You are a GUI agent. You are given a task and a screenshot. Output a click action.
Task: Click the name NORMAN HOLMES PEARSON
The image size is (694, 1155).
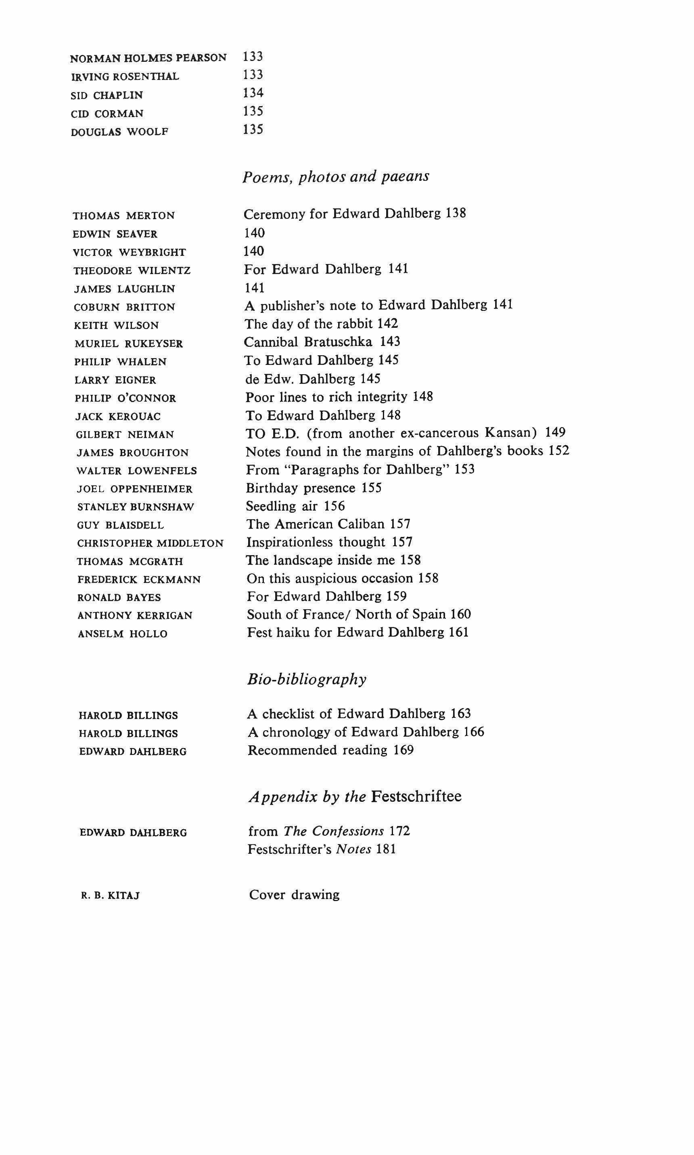pyautogui.click(x=148, y=58)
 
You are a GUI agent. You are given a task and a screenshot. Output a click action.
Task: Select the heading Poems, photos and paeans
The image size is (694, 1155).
pyautogui.click(x=335, y=177)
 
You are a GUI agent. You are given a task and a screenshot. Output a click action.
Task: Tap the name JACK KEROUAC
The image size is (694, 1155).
pyautogui.click(x=118, y=416)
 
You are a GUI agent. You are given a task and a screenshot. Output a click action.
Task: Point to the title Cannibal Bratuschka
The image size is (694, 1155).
pyautogui.click(x=308, y=342)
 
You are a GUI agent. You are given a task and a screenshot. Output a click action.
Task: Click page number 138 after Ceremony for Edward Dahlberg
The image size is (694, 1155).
pyautogui.click(x=456, y=213)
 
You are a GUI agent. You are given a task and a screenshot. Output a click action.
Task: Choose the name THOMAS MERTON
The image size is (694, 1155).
pyautogui.click(x=124, y=216)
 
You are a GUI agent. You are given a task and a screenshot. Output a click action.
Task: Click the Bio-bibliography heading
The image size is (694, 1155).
pyautogui.click(x=307, y=679)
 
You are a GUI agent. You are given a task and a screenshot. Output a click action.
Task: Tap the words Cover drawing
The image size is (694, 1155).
pyautogui.click(x=294, y=895)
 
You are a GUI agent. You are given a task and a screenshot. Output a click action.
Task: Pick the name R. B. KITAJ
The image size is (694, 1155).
pyautogui.click(x=111, y=896)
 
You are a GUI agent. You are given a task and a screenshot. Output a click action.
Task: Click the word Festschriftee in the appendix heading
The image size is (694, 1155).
pyautogui.click(x=416, y=796)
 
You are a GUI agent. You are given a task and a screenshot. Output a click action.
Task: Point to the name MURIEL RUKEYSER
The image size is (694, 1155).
pyautogui.click(x=129, y=344)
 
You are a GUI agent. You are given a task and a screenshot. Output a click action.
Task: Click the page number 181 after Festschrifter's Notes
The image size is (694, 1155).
pyautogui.click(x=386, y=849)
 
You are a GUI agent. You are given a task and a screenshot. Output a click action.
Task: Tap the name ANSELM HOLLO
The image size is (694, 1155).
pyautogui.click(x=123, y=634)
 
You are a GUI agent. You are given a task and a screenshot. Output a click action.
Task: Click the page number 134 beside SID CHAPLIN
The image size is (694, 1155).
pyautogui.click(x=253, y=93)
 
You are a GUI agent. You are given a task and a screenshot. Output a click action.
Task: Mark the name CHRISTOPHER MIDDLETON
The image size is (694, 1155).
pyautogui.click(x=150, y=543)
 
